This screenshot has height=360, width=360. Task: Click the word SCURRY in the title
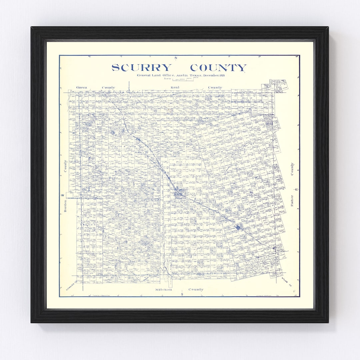point(141,68)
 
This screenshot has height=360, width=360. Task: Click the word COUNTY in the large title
point(218,68)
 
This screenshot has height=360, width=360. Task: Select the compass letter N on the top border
point(175,58)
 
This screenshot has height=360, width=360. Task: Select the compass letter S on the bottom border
point(182,294)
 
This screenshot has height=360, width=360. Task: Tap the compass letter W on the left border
point(62,195)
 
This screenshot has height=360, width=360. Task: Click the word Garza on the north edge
point(81,87)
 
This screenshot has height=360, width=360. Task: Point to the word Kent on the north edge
point(175,87)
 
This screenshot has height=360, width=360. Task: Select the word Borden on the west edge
point(65,206)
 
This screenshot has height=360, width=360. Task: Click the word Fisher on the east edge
point(292,200)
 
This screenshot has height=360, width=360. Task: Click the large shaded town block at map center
point(179,193)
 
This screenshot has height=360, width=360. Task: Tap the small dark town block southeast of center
point(238,227)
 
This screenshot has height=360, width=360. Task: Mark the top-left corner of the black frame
point(32,28)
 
